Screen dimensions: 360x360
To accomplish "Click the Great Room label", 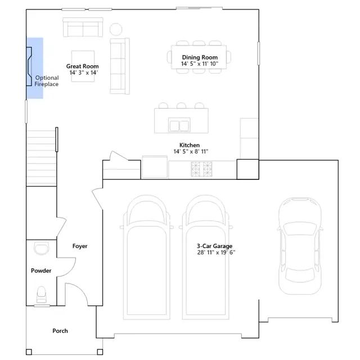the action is click(x=83, y=66).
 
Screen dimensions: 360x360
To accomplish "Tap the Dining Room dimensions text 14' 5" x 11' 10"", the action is click(x=200, y=64).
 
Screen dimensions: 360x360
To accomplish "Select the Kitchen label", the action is click(x=190, y=145).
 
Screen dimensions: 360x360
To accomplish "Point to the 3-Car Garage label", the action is click(x=214, y=246).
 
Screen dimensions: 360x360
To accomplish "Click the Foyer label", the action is click(x=80, y=246).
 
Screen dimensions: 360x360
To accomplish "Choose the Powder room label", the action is click(x=41, y=271).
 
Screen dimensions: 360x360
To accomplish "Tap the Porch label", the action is click(x=60, y=331).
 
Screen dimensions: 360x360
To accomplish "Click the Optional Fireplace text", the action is click(x=47, y=81).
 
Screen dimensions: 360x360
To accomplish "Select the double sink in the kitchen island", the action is click(x=179, y=125).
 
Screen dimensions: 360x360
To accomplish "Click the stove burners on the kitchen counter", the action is click(x=201, y=169).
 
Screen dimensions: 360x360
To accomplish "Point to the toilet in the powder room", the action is click(x=42, y=295).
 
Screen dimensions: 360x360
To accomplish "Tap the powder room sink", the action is click(x=41, y=249).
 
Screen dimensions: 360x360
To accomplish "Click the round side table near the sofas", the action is click(x=116, y=29).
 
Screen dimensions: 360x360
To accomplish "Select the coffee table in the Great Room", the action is click(x=83, y=66).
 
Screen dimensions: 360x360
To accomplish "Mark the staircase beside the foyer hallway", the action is click(x=41, y=158).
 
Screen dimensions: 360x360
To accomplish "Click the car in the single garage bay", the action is click(x=300, y=246).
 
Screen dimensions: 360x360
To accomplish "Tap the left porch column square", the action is click(x=29, y=352).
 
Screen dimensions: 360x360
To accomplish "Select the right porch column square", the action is click(x=100, y=352).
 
